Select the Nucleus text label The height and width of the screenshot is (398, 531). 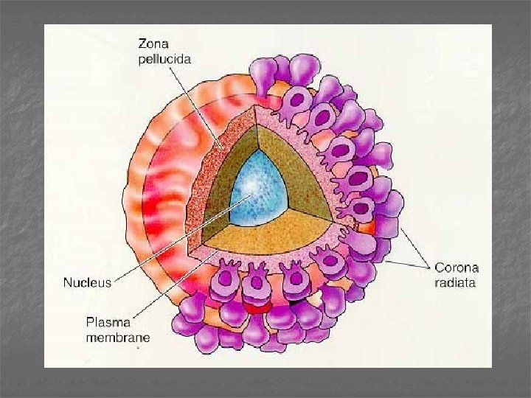click(x=86, y=282)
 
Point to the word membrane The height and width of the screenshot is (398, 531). click(x=118, y=338)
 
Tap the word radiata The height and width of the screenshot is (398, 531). click(x=455, y=283)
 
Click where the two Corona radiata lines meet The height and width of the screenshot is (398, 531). click(x=428, y=265)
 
